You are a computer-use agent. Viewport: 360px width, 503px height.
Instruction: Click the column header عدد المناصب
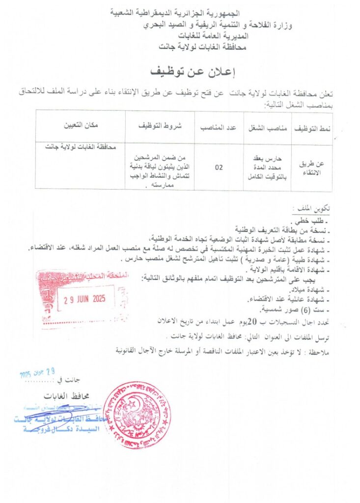tap(219, 127)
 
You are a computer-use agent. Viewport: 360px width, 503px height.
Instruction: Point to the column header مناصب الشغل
tap(267, 127)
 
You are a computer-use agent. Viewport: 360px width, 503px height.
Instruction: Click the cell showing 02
tap(219, 168)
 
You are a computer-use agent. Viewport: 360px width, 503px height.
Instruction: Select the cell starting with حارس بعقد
tap(267, 167)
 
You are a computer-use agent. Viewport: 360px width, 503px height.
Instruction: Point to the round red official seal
tap(137, 415)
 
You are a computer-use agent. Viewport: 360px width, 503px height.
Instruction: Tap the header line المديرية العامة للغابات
tap(208, 36)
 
